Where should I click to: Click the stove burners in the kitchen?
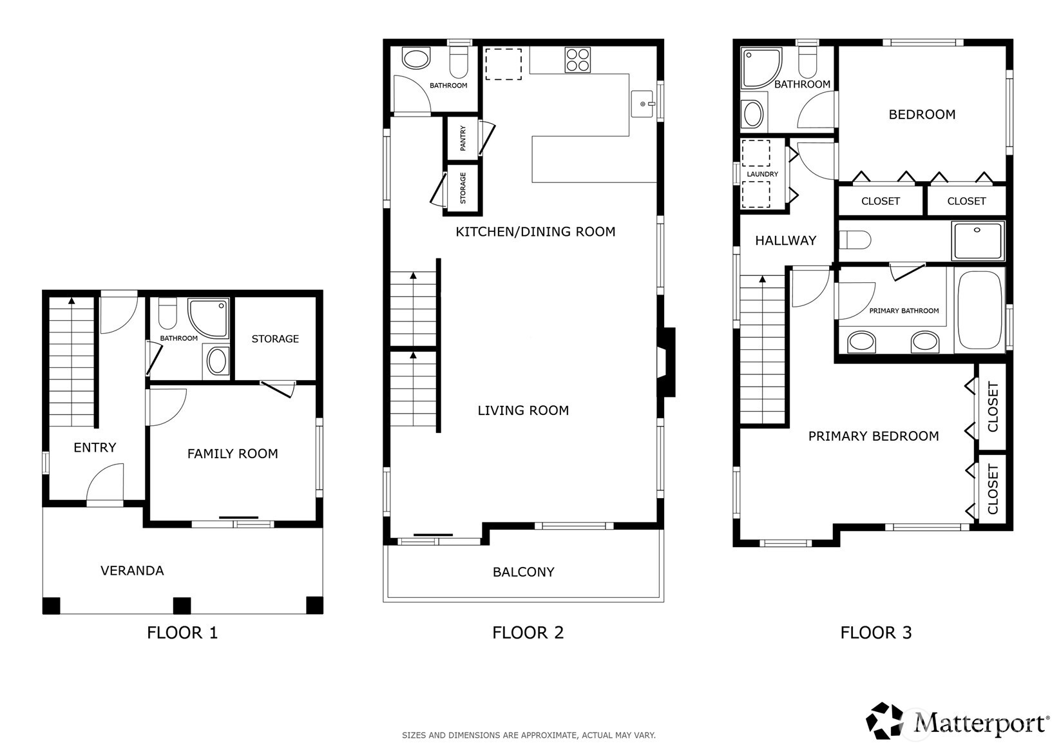coord(577,60)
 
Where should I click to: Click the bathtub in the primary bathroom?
coord(980,310)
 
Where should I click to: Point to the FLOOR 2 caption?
coord(528,633)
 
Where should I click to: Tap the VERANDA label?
coord(132,571)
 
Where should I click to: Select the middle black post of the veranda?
coord(182,606)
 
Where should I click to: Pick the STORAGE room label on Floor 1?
coord(275,339)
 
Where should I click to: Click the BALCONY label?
coord(523,572)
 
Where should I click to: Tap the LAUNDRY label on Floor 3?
coord(763,174)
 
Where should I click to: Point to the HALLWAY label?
coord(785,241)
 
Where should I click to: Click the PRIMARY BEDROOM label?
coord(873,436)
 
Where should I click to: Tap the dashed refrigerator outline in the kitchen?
coord(503,64)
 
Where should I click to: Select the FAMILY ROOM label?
coord(233,454)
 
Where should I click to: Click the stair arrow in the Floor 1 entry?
coord(72,301)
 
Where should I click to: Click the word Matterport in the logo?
coord(979,723)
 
